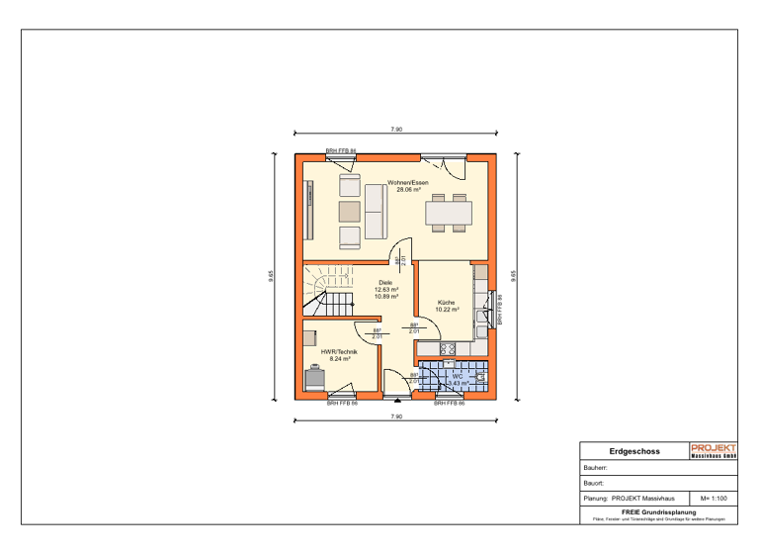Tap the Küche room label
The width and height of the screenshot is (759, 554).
click(x=446, y=302)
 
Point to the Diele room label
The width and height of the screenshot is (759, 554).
click(x=385, y=282)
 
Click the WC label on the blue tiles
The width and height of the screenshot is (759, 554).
click(x=457, y=376)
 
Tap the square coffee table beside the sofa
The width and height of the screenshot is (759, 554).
click(x=350, y=211)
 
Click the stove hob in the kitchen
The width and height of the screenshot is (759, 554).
click(x=447, y=348)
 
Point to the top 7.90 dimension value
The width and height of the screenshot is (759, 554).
click(x=395, y=130)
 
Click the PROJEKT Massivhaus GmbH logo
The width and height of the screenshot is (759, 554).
click(x=713, y=451)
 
